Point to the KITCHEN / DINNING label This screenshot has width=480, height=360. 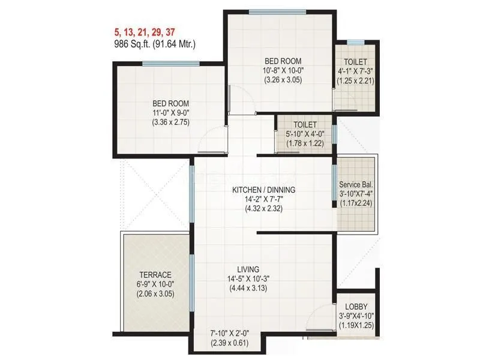coord(264,190)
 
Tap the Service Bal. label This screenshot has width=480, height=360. coord(356,184)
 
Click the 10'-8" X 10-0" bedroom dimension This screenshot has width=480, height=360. coord(283,71)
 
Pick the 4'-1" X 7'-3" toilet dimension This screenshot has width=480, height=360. coord(356,71)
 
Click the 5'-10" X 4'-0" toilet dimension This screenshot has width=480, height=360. coord(305,135)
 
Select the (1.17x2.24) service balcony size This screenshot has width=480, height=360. coord(356,203)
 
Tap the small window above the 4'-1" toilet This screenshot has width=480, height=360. coord(355,43)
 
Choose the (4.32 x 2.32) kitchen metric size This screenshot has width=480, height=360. coord(264,209)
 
